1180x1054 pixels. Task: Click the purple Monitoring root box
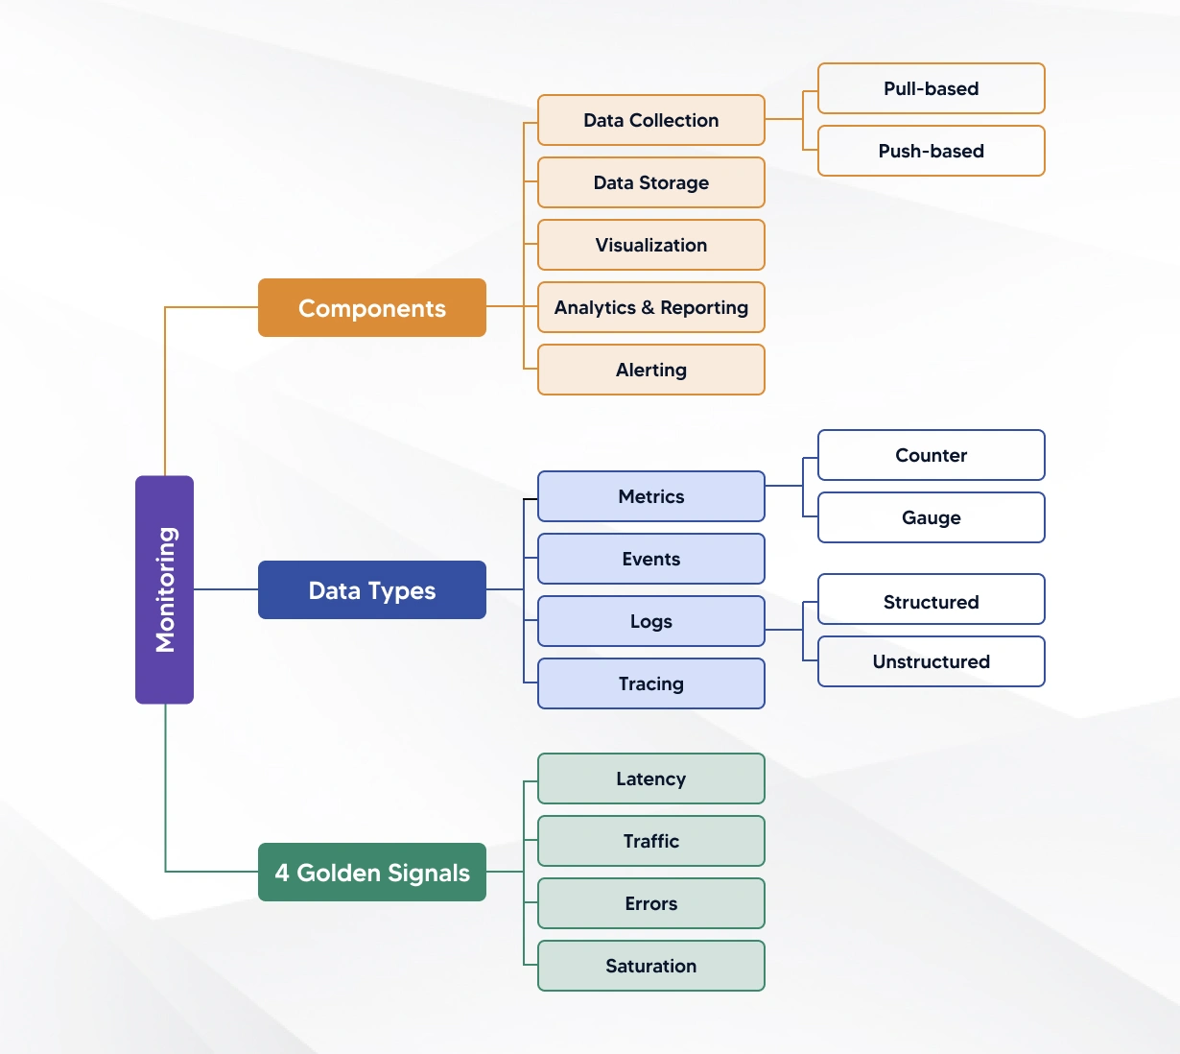(x=164, y=589)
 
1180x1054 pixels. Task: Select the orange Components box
(x=372, y=308)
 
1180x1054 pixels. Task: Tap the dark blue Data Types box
(x=372, y=590)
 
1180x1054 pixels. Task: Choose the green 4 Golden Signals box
(x=372, y=873)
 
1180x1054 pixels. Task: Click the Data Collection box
(x=651, y=120)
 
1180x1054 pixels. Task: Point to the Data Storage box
(x=651, y=182)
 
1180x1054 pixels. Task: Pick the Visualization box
(x=651, y=245)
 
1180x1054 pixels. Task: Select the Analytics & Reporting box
(x=651, y=307)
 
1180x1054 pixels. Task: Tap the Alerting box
(x=651, y=370)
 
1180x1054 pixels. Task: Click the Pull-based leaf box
(x=931, y=88)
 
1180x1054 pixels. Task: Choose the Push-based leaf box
(x=931, y=151)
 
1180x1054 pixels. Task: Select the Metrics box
(x=651, y=496)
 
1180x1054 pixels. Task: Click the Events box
(x=651, y=559)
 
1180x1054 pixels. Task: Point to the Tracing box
(x=651, y=683)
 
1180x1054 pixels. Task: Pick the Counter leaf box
(x=931, y=455)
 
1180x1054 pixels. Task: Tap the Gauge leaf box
(x=931, y=517)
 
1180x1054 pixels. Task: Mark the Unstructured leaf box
(x=931, y=661)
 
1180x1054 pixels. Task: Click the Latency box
(x=651, y=779)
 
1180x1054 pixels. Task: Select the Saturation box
(x=651, y=966)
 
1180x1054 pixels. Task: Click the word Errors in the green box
(x=651, y=903)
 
